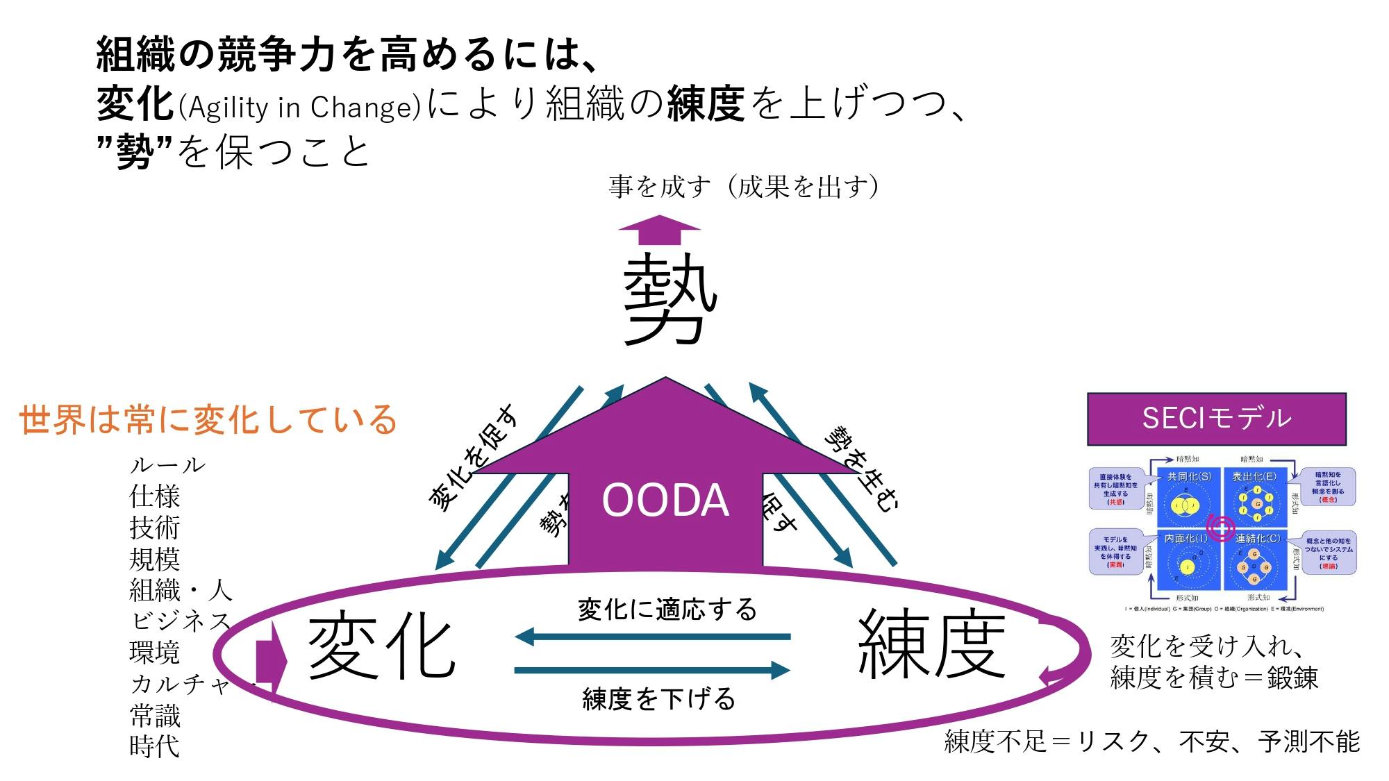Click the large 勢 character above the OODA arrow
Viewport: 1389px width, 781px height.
(x=669, y=299)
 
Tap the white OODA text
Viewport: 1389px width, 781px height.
(x=665, y=500)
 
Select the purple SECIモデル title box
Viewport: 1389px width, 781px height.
(x=1216, y=419)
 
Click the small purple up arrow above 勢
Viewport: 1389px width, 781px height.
(x=659, y=230)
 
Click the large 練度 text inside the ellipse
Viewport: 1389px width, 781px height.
(x=932, y=644)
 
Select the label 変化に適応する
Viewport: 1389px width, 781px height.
(x=667, y=610)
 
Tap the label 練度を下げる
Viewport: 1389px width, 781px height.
(x=658, y=698)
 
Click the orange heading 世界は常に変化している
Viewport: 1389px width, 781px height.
(x=207, y=419)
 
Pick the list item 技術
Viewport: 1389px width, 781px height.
(x=154, y=528)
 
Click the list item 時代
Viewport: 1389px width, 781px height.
(x=154, y=746)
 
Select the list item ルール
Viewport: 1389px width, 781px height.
(x=167, y=465)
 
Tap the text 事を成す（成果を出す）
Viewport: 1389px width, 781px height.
(x=744, y=187)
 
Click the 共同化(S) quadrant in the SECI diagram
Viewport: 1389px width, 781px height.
(x=1188, y=497)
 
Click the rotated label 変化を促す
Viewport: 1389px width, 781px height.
(x=473, y=458)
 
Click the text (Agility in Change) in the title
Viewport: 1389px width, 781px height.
(x=299, y=108)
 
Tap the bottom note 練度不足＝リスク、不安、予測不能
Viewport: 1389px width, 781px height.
(x=1151, y=741)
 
